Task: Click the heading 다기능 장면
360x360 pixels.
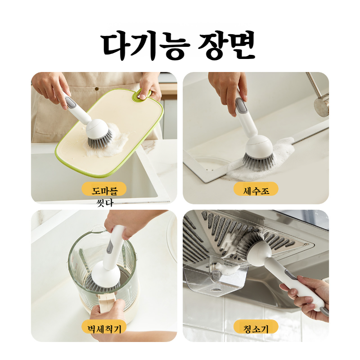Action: pyautogui.click(x=179, y=46)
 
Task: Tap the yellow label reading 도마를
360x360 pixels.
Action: pyautogui.click(x=104, y=189)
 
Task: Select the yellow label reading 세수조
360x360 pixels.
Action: pyautogui.click(x=256, y=189)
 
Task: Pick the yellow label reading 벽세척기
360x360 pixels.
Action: pyautogui.click(x=104, y=327)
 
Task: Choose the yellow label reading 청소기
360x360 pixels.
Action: pyautogui.click(x=256, y=327)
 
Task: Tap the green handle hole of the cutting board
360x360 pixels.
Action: pyautogui.click(x=143, y=94)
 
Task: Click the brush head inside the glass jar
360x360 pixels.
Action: pyautogui.click(x=106, y=279)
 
